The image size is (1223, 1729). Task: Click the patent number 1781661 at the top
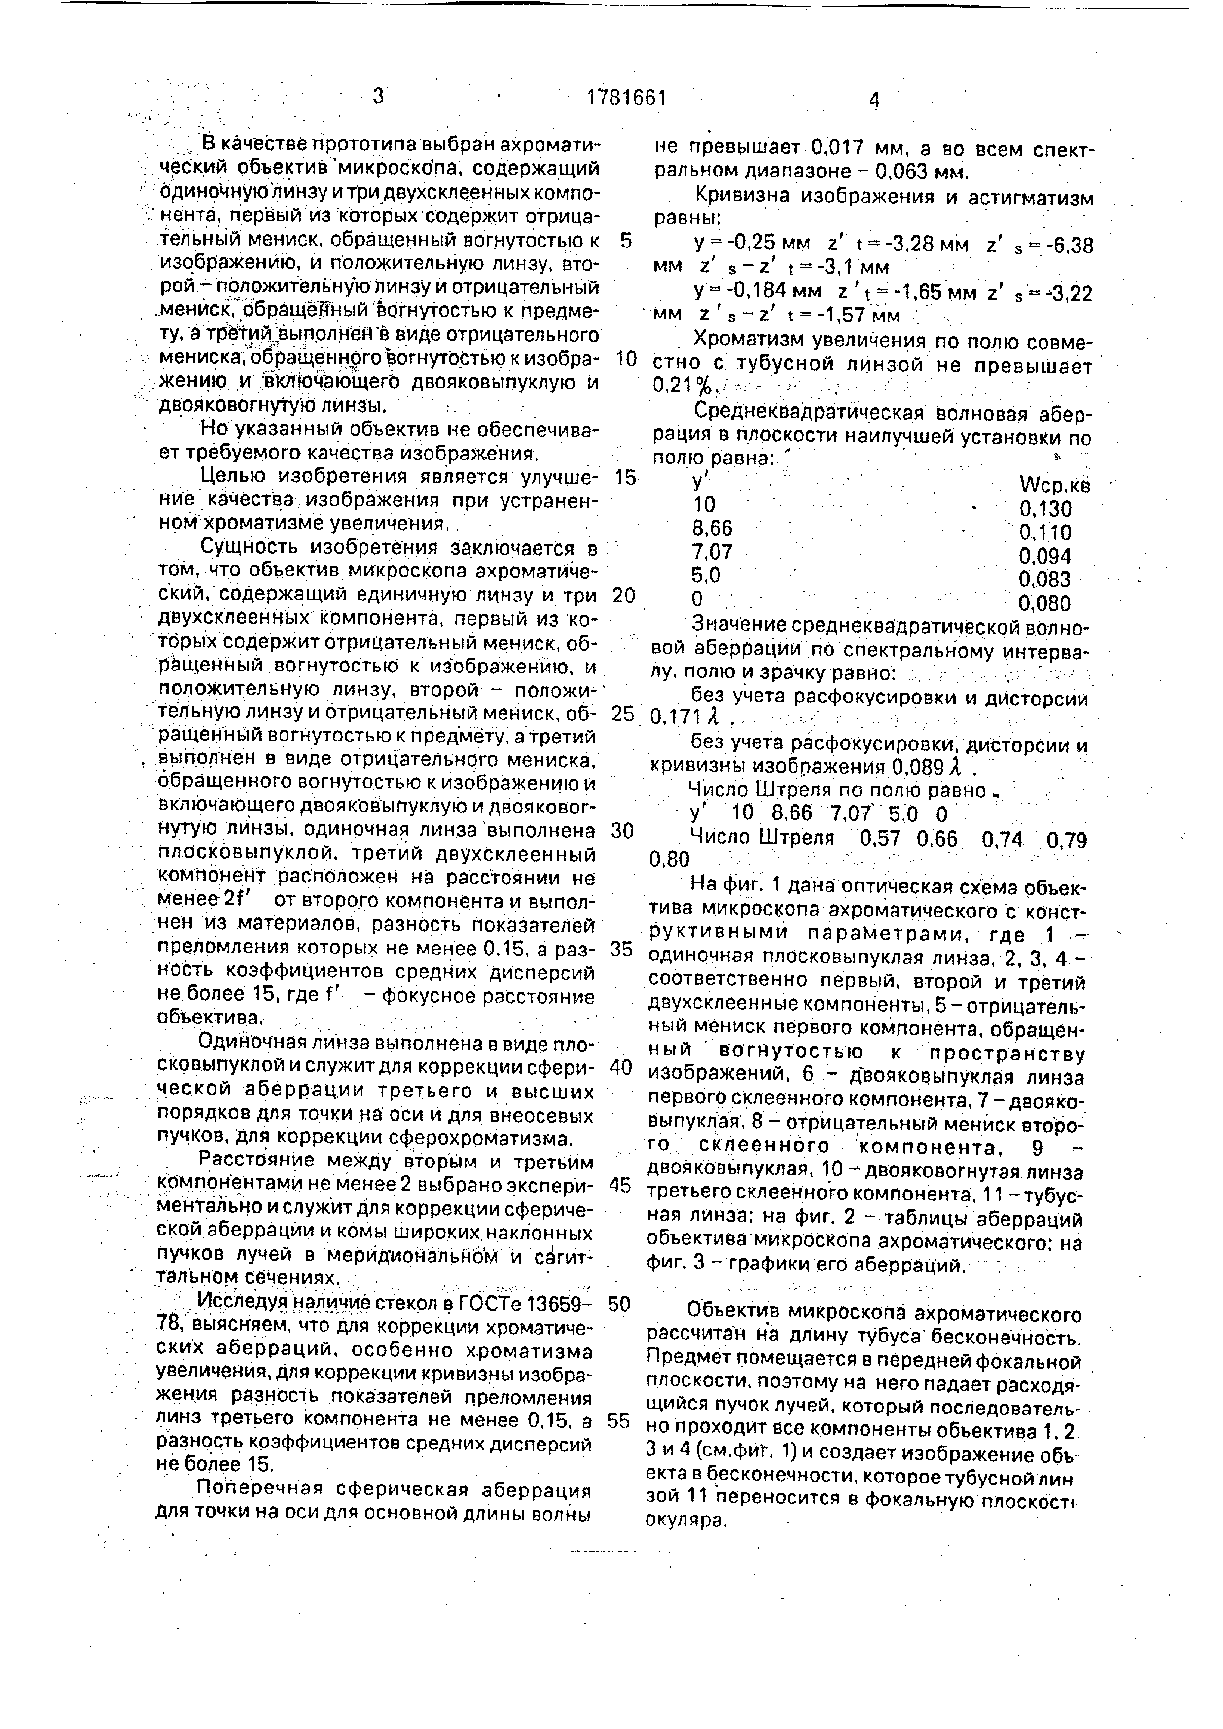tap(627, 98)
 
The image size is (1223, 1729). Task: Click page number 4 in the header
tap(874, 100)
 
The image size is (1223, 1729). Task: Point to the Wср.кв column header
tap(1053, 486)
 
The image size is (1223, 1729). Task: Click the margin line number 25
tap(623, 713)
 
